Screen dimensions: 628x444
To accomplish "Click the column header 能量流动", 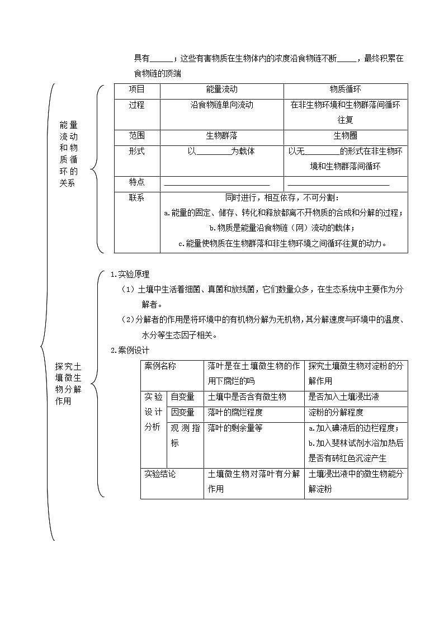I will [221, 89].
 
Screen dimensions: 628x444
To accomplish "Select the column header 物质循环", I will [345, 89].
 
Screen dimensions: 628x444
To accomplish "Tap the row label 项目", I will [136, 89].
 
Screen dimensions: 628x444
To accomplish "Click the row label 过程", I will [136, 105].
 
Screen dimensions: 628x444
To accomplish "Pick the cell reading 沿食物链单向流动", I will [221, 105].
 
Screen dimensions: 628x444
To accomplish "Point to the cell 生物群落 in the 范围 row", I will [221, 136].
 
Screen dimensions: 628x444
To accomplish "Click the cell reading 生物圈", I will [345, 136].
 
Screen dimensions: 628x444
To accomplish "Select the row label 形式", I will [136, 152].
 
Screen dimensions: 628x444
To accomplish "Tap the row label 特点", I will [136, 182].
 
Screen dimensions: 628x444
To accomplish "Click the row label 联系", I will [136, 198].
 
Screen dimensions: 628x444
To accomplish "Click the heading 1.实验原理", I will [130, 274].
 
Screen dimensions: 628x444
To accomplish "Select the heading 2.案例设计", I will [130, 351].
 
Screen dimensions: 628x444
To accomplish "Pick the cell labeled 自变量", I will [182, 397].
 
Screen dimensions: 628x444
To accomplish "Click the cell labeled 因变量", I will [182, 413].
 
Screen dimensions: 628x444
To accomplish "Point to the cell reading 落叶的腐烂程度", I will [235, 413].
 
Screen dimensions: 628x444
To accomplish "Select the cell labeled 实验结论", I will [160, 474].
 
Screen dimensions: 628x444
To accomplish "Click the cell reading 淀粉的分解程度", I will [336, 413].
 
